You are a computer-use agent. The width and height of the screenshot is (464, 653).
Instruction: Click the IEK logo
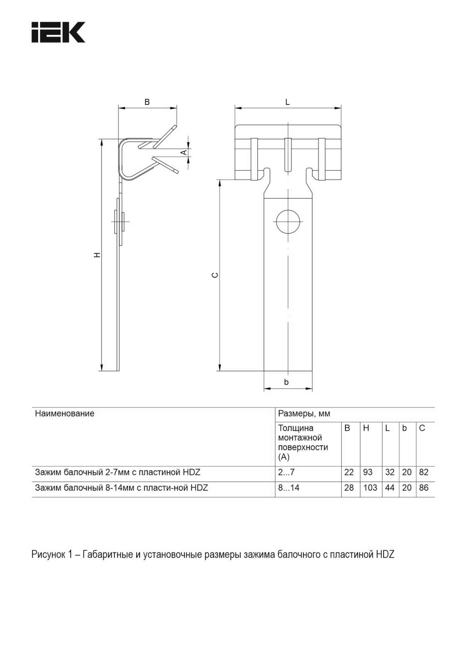tap(58, 32)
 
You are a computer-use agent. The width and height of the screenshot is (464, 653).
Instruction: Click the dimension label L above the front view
tap(287, 102)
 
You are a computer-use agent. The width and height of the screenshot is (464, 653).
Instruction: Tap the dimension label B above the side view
tap(147, 102)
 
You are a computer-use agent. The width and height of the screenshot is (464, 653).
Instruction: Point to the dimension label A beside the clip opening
tap(184, 152)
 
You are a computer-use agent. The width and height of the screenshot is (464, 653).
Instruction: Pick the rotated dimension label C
tap(215, 275)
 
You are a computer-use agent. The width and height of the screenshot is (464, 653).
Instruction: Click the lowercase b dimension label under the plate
tap(286, 382)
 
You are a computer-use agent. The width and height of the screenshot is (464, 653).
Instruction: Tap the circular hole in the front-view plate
tap(289, 221)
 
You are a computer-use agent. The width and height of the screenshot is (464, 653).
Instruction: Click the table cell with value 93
tap(368, 472)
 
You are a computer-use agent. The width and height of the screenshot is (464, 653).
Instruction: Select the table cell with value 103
tap(370, 488)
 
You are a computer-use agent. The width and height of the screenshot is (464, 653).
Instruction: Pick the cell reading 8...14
tap(289, 488)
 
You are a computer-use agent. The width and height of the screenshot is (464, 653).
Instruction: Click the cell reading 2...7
tap(286, 472)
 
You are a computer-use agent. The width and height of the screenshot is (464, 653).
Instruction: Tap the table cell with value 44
tap(390, 488)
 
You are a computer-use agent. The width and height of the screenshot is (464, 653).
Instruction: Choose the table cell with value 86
tap(424, 488)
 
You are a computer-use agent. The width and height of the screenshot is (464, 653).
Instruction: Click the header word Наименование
tap(65, 413)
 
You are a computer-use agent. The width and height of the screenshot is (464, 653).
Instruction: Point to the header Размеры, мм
tap(304, 413)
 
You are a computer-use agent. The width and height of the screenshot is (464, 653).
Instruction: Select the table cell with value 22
tap(349, 472)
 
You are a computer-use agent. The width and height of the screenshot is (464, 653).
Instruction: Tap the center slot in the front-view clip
tap(288, 155)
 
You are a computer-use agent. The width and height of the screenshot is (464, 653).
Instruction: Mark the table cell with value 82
tap(424, 472)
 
